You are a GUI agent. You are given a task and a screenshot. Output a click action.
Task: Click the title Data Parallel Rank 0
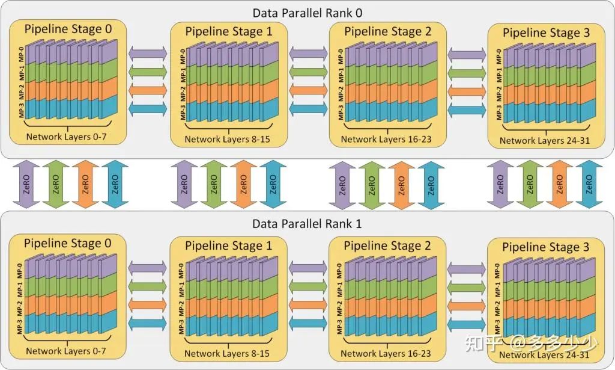(x=307, y=12)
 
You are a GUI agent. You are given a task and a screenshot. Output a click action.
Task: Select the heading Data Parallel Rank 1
(x=307, y=224)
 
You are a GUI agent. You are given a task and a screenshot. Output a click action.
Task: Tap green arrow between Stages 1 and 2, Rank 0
(x=308, y=72)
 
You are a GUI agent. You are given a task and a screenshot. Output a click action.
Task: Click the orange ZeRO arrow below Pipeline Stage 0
(x=85, y=185)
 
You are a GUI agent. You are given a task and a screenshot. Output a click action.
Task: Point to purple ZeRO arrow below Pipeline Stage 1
(x=186, y=185)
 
